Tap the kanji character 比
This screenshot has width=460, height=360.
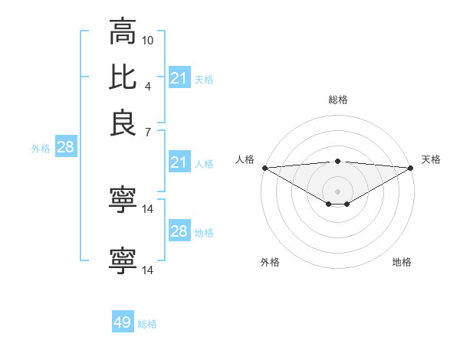pyautogui.click(x=123, y=77)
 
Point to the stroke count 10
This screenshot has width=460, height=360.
pyautogui.click(x=148, y=39)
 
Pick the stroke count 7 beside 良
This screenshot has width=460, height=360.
pyautogui.click(x=148, y=133)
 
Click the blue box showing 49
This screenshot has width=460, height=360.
pyautogui.click(x=123, y=322)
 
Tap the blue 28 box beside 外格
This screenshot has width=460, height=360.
pyautogui.click(x=65, y=147)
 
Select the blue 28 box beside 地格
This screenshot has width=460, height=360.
pyautogui.click(x=179, y=231)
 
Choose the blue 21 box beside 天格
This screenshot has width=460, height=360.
pyautogui.click(x=179, y=78)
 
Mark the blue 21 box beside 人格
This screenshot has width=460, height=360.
pyautogui.click(x=179, y=162)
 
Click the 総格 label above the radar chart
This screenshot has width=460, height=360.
pyautogui.click(x=337, y=100)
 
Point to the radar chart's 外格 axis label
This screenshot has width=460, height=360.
pyautogui.click(x=270, y=262)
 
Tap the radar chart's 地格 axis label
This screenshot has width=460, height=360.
pyautogui.click(x=402, y=262)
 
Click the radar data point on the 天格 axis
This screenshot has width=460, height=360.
pyautogui.click(x=410, y=168)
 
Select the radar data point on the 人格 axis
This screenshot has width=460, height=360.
pyautogui.click(x=264, y=168)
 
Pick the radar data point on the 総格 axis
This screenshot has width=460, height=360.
pyautogui.click(x=337, y=161)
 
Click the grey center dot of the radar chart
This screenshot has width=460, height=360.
pyautogui.click(x=337, y=191)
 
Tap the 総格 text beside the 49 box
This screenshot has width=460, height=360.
pyautogui.click(x=147, y=324)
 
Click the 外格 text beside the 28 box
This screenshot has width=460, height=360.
pyautogui.click(x=41, y=149)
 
